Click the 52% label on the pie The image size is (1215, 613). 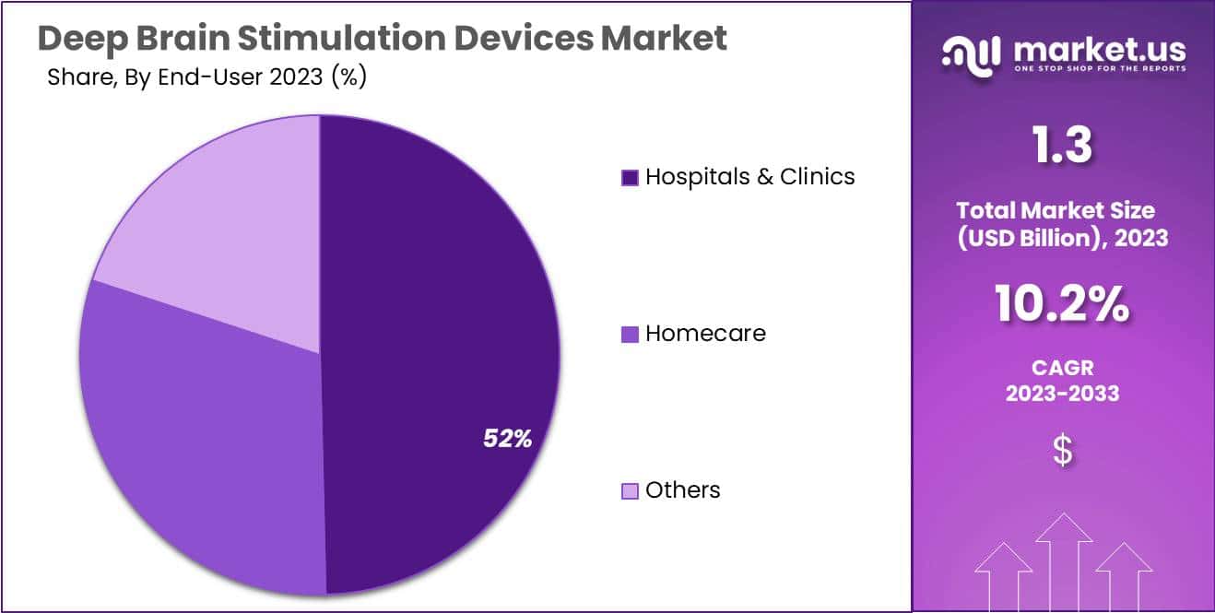tap(507, 439)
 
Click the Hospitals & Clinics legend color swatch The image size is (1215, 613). tap(630, 178)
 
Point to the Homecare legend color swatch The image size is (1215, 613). tap(630, 335)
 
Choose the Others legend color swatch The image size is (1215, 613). tap(630, 491)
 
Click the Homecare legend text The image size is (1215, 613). tap(705, 334)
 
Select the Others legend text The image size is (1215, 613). tap(682, 490)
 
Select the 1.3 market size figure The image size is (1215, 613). tap(1062, 146)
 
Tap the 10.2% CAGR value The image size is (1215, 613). tap(1062, 305)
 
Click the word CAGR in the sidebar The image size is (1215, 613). tap(1062, 368)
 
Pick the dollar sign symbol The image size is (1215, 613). tap(1062, 451)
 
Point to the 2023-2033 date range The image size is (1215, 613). tap(1062, 394)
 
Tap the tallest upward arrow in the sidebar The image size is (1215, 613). tap(1064, 562)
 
